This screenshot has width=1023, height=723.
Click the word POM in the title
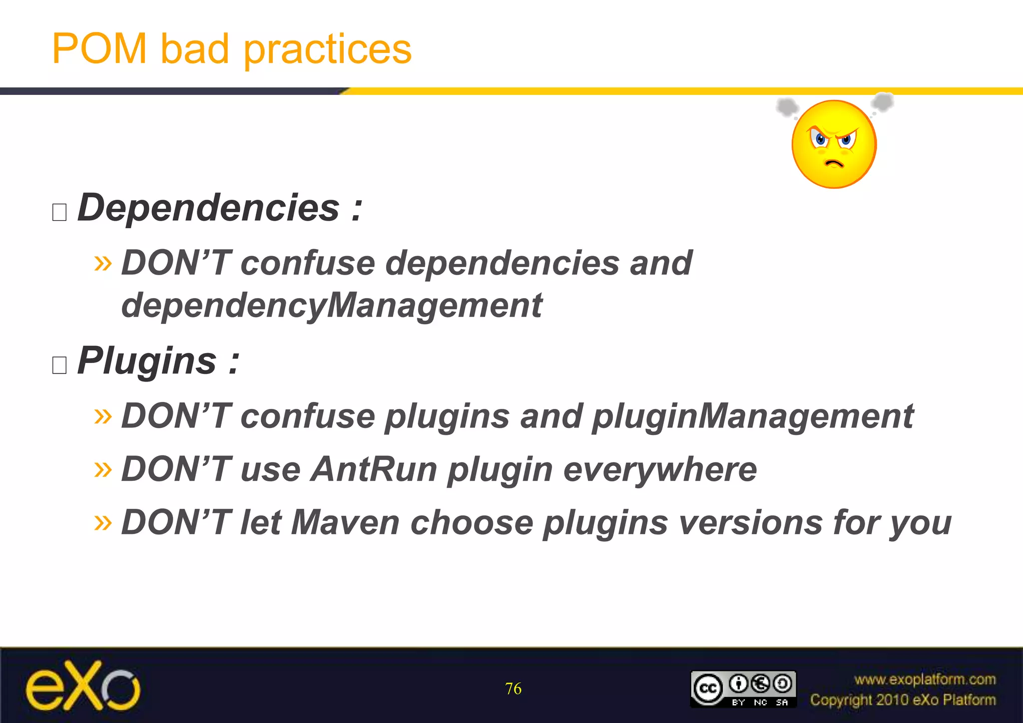click(99, 49)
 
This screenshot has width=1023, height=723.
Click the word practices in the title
click(327, 50)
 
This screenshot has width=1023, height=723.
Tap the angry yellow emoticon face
click(834, 144)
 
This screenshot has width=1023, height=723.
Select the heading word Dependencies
click(208, 208)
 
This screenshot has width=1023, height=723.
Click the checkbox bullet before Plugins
click(59, 365)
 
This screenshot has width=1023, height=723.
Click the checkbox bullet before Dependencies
click(59, 212)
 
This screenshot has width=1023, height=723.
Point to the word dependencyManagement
click(331, 306)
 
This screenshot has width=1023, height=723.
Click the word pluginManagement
click(752, 416)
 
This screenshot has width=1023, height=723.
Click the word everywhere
click(660, 469)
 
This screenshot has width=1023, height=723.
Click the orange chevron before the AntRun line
click(103, 469)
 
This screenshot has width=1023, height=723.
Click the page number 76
click(513, 689)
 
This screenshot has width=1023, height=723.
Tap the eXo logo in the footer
click(83, 686)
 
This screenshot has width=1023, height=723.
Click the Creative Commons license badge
click(743, 689)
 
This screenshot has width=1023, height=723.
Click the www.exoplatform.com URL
click(925, 679)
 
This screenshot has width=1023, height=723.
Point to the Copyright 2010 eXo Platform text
click(903, 700)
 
